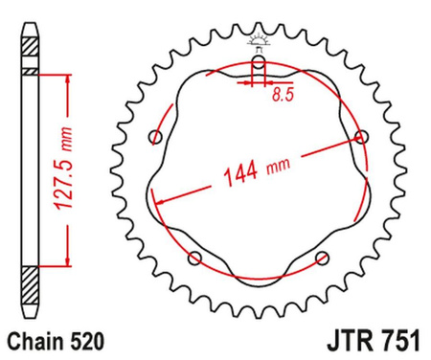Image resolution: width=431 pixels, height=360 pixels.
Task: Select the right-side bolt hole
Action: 361,137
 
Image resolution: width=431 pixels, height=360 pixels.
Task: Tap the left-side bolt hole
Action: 158,137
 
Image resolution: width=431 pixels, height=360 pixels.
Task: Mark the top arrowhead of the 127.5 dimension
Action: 67,79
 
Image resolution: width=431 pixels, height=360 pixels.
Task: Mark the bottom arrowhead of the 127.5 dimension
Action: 67,259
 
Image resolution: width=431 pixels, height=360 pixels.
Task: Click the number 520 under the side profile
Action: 80,340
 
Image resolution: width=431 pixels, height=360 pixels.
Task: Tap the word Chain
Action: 34,340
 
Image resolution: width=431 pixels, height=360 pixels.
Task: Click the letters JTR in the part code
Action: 343,340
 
